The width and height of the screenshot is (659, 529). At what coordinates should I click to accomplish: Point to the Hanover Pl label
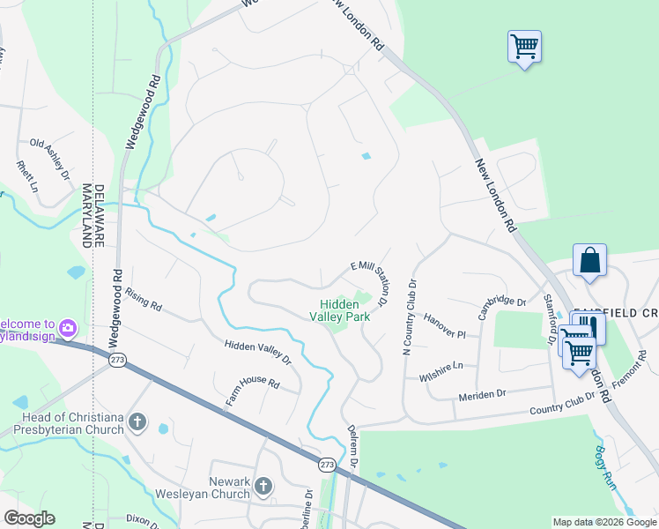click(x=443, y=325)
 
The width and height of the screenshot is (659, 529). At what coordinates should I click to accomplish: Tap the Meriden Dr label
click(x=482, y=395)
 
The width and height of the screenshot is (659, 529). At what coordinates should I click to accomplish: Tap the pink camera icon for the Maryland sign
click(x=68, y=330)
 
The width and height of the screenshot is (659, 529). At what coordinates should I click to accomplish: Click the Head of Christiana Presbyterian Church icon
click(x=137, y=422)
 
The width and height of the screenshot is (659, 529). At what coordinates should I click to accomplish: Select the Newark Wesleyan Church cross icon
click(x=263, y=486)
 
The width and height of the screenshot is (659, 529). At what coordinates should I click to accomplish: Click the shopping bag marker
click(x=589, y=260)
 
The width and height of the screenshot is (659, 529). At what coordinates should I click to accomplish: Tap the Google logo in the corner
click(x=29, y=518)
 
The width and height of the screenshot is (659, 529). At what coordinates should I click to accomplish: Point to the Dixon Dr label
click(x=144, y=520)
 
